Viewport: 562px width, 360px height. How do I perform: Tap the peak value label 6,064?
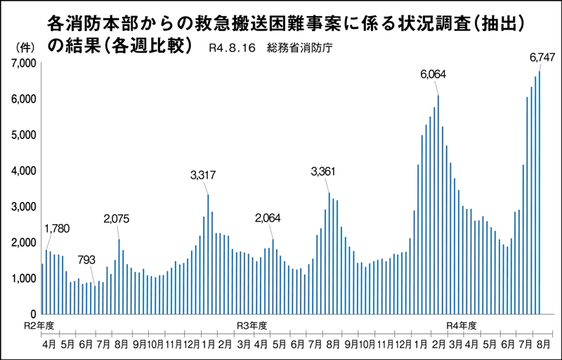pos(433,74)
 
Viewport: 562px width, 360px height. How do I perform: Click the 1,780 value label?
pos(58,229)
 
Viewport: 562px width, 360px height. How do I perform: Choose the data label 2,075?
pos(117,219)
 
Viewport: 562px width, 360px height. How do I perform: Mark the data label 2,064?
pos(268,218)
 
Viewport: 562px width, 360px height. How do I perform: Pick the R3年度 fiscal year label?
pos(251,326)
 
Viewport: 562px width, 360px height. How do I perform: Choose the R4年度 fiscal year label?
pos(462,326)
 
